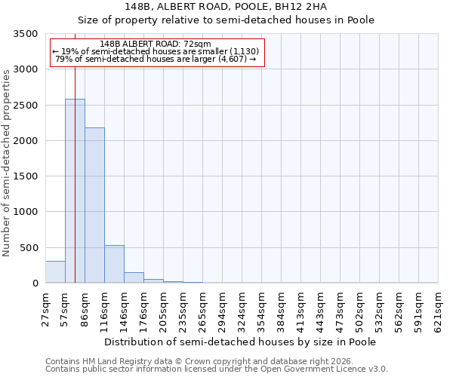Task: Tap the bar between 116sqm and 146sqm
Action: point(114,264)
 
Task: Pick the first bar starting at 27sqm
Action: point(55,272)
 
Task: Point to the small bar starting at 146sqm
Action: point(134,277)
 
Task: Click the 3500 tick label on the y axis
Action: point(26,34)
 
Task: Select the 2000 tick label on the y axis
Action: point(26,141)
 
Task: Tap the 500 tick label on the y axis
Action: point(29,248)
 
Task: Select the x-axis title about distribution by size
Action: point(240,342)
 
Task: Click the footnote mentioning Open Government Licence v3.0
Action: point(217,369)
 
